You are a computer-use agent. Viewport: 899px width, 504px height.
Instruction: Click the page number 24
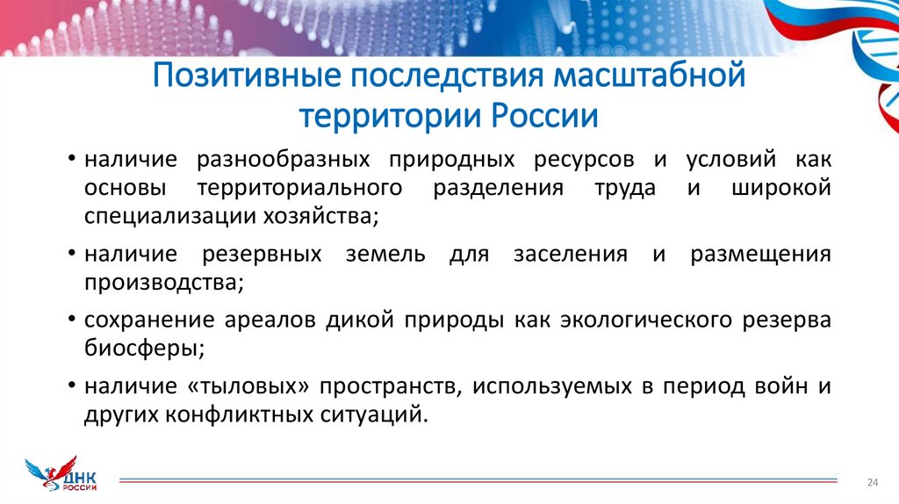pos(873,483)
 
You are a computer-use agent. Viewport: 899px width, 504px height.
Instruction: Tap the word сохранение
pos(145,320)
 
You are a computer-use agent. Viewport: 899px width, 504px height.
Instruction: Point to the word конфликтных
pos(241,414)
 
